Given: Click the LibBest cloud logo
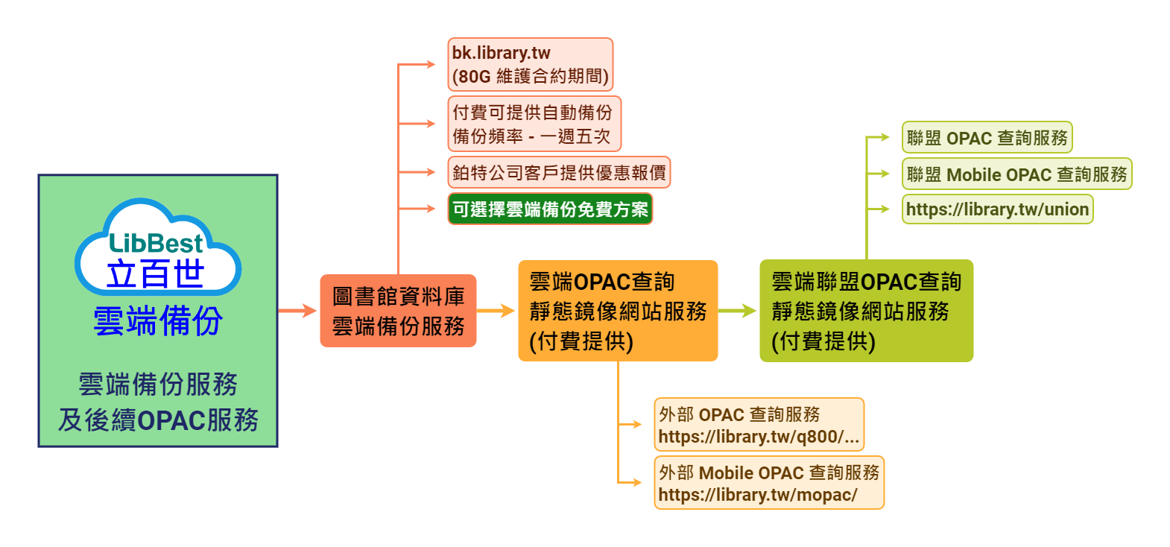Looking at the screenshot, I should click(157, 248).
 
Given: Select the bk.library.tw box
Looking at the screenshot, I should click(530, 65).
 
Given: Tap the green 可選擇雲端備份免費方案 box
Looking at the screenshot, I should click(550, 209).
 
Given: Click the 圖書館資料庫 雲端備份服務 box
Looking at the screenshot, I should click(398, 311).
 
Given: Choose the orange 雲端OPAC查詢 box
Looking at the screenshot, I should click(618, 311).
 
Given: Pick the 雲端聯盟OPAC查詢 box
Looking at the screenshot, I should click(866, 311).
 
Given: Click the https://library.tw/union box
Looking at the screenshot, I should click(997, 209).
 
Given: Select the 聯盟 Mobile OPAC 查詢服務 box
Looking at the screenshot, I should click(1016, 174).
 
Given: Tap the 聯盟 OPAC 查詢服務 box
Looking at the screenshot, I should click(987, 138).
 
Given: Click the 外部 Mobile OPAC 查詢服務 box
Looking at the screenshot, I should click(769, 482).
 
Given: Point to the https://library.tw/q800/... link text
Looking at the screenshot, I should click(759, 437).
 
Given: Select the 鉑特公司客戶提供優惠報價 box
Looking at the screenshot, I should click(559, 172).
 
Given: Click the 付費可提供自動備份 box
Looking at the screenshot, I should click(534, 124).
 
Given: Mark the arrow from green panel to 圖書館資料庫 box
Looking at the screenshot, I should click(298, 311).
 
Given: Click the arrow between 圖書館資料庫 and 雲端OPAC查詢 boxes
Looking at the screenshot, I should click(496, 311).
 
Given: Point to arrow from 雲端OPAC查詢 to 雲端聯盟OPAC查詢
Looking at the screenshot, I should click(738, 311).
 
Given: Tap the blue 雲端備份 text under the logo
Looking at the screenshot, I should click(158, 321).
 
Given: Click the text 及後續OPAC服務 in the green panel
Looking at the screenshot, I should click(158, 420).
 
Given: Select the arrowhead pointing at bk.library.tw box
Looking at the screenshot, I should click(431, 65).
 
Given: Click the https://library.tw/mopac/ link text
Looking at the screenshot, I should click(757, 495).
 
